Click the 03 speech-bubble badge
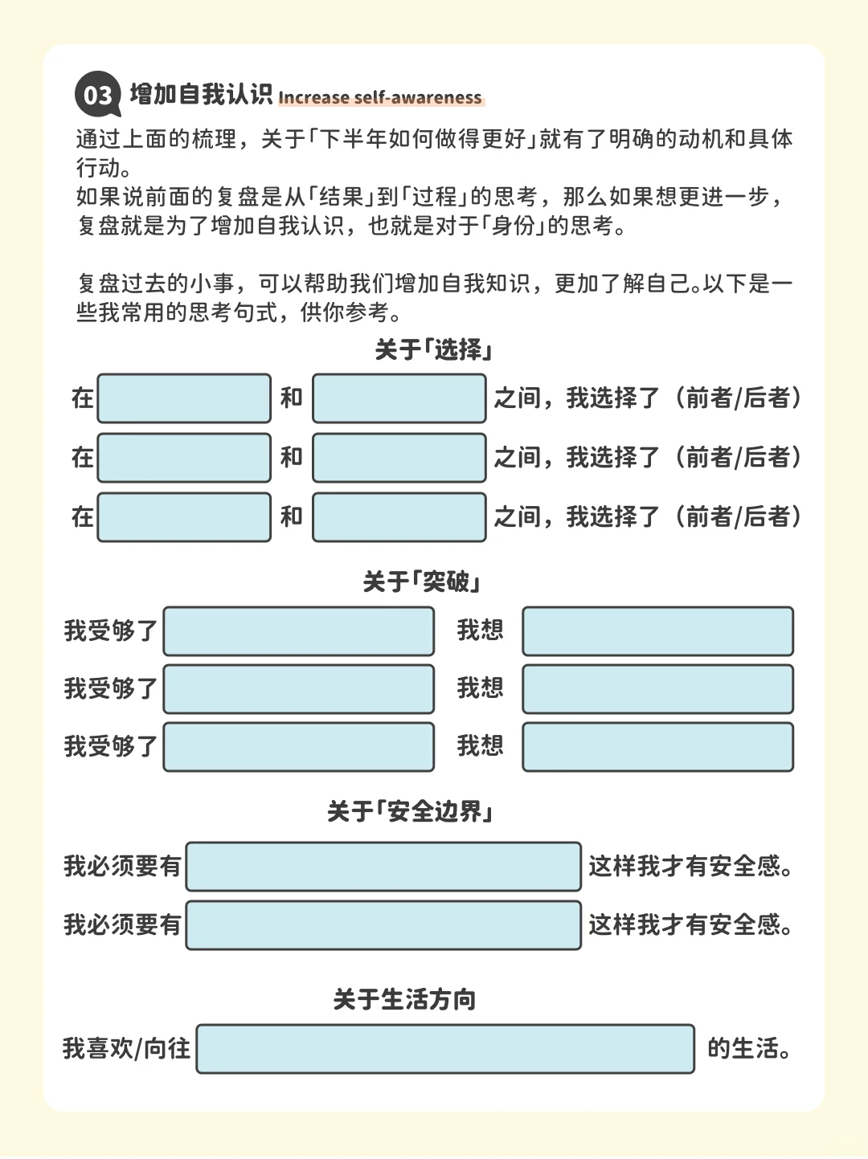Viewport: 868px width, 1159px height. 98,94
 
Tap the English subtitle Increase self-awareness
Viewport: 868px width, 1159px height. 380,98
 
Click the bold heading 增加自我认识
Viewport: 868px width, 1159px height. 201,95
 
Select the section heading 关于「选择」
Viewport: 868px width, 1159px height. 434,349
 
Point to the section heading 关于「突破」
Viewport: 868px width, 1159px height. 422,582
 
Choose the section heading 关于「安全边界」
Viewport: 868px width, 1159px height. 410,811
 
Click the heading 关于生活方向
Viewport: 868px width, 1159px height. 404,999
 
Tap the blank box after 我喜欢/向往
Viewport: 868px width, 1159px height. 445,1049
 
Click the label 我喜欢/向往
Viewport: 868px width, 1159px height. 126,1049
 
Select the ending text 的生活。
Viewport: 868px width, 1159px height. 749,1049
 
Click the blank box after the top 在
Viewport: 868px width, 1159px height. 184,398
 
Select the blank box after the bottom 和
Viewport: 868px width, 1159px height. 399,517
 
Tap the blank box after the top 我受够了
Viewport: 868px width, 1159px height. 299,631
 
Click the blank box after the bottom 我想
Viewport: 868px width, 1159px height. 658,747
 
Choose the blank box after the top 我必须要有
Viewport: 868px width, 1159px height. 383,867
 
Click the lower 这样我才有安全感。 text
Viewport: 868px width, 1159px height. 690,925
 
